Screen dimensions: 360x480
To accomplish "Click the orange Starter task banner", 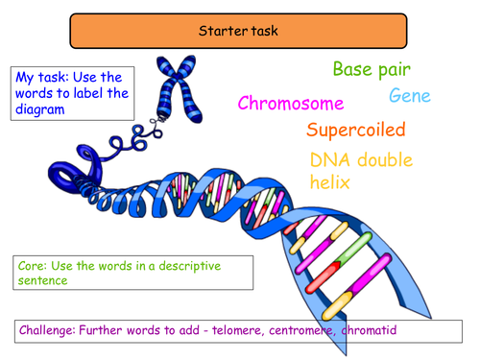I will (x=240, y=31).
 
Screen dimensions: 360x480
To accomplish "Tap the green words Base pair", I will (x=371, y=69).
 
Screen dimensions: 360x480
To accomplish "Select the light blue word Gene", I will (x=410, y=96).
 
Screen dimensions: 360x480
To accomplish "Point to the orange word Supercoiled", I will (x=356, y=130).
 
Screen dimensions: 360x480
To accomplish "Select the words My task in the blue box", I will (x=38, y=77).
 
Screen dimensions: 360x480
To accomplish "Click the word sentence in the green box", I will (x=45, y=279).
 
